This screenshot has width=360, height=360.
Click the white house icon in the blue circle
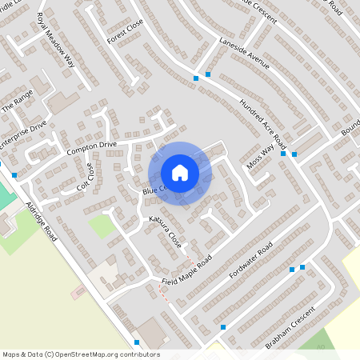click(x=180, y=173)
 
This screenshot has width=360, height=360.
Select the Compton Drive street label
click(x=92, y=147)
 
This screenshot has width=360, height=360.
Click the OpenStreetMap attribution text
click(x=81, y=354)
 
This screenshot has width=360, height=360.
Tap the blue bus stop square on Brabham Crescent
click(x=223, y=326)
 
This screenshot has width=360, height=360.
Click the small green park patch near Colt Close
click(x=101, y=226)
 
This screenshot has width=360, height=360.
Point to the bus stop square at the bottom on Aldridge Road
click(x=137, y=342)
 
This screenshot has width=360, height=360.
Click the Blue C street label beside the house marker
click(x=153, y=190)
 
